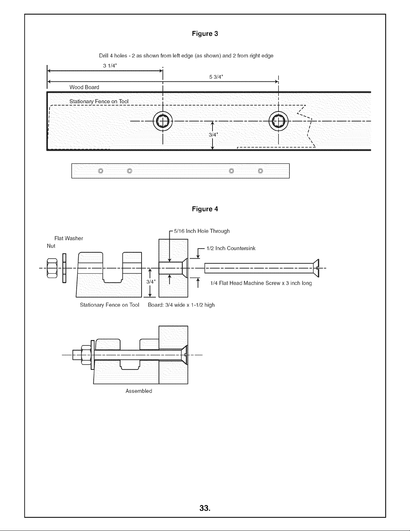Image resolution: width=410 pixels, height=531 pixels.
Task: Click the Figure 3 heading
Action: click(x=205, y=34)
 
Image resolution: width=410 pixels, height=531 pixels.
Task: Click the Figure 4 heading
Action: click(x=205, y=209)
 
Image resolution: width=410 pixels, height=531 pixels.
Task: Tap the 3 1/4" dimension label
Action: click(x=110, y=66)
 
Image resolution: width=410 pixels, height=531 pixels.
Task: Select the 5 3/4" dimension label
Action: click(x=216, y=77)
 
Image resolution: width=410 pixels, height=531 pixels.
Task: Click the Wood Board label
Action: click(x=84, y=87)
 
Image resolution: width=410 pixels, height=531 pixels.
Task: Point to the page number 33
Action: click(x=205, y=508)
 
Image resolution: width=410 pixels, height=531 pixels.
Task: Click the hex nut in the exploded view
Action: click(x=52, y=268)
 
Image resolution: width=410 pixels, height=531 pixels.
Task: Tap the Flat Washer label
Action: click(x=69, y=238)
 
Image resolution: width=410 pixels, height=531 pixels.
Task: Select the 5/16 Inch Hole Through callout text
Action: click(x=202, y=231)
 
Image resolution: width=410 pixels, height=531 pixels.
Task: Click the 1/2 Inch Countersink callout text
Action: click(x=231, y=248)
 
